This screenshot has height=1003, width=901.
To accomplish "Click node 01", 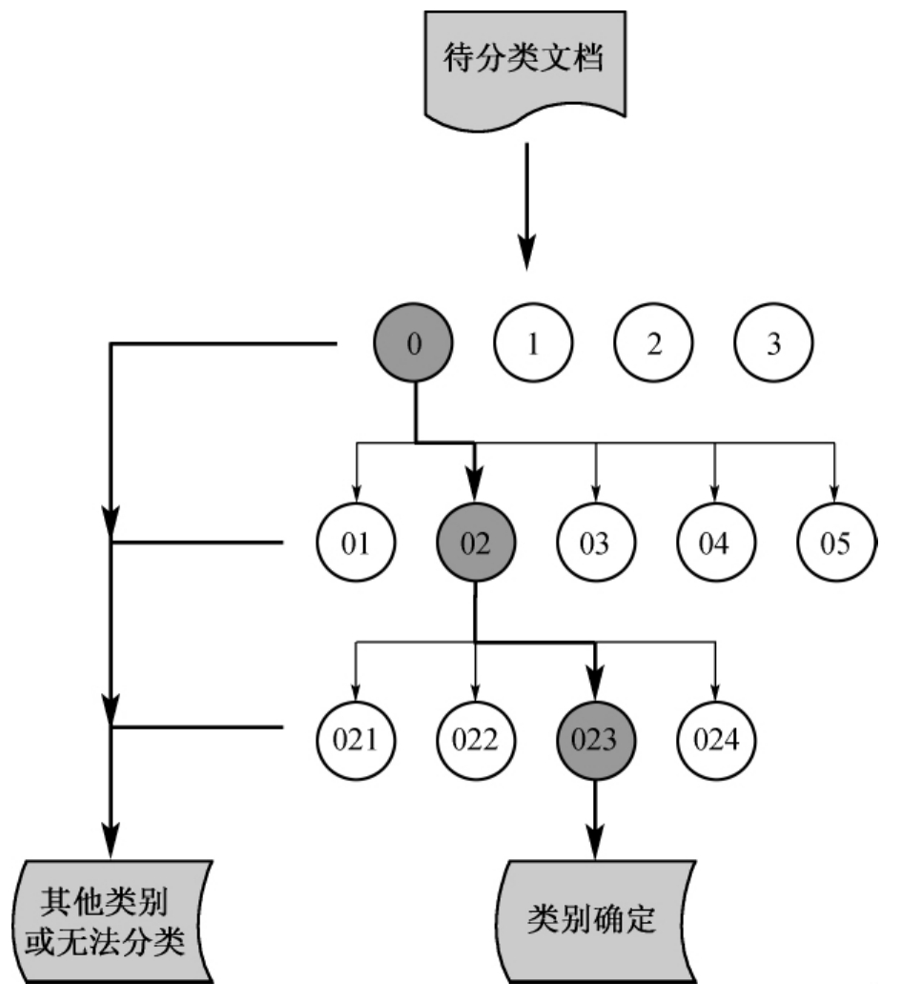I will [x=356, y=544].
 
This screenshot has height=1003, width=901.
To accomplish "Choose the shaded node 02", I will [x=475, y=544].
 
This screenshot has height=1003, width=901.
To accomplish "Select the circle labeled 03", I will [x=595, y=544].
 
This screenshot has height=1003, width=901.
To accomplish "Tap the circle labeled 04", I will [x=715, y=544].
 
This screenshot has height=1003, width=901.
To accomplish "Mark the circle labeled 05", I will [x=835, y=544].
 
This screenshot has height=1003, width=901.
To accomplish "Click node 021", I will [x=356, y=739].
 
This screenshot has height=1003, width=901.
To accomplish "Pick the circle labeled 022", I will [x=475, y=739].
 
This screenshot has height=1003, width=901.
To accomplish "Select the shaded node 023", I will [x=595, y=739].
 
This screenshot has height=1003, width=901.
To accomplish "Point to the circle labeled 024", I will [x=715, y=739].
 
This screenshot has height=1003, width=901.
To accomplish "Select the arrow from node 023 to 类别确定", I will [x=595, y=820].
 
